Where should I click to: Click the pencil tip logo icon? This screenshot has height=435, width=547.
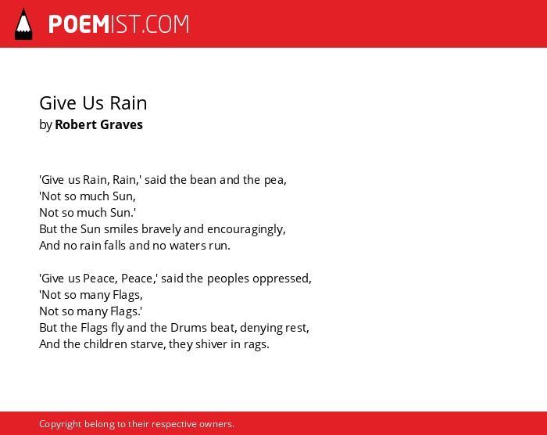pos(23,23)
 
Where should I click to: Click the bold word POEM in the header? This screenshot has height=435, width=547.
pos(79,24)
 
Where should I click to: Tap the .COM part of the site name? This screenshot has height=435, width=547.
pos(165,24)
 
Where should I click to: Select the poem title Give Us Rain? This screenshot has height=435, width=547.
pos(93,103)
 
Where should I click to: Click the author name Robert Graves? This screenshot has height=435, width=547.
pos(98,124)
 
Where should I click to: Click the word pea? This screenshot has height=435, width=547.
pos(275,180)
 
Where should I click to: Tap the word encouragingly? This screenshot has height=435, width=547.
pos(246,229)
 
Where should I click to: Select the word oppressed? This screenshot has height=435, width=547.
pos(282,279)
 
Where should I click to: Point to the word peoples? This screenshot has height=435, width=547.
pos(228,279)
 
